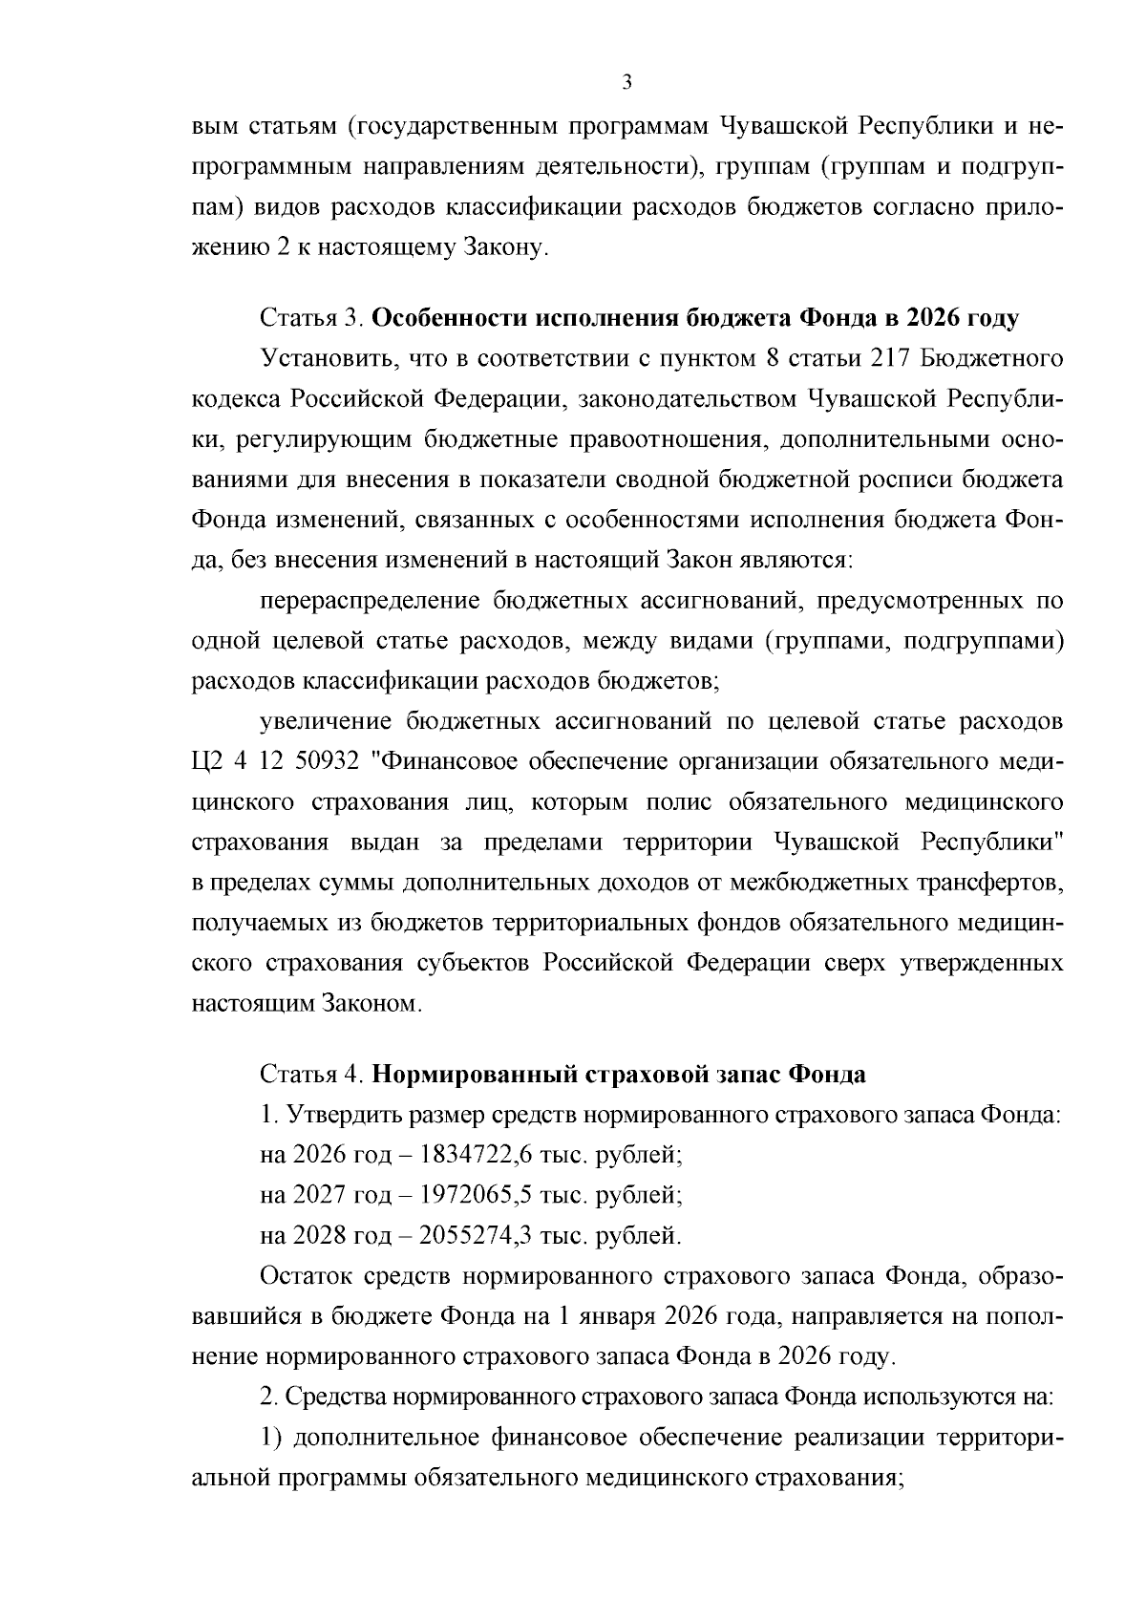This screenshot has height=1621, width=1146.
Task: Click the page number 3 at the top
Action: point(626,83)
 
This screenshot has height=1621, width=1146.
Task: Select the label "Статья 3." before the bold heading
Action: point(311,318)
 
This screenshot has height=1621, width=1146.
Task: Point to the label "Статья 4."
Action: point(311,1075)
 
